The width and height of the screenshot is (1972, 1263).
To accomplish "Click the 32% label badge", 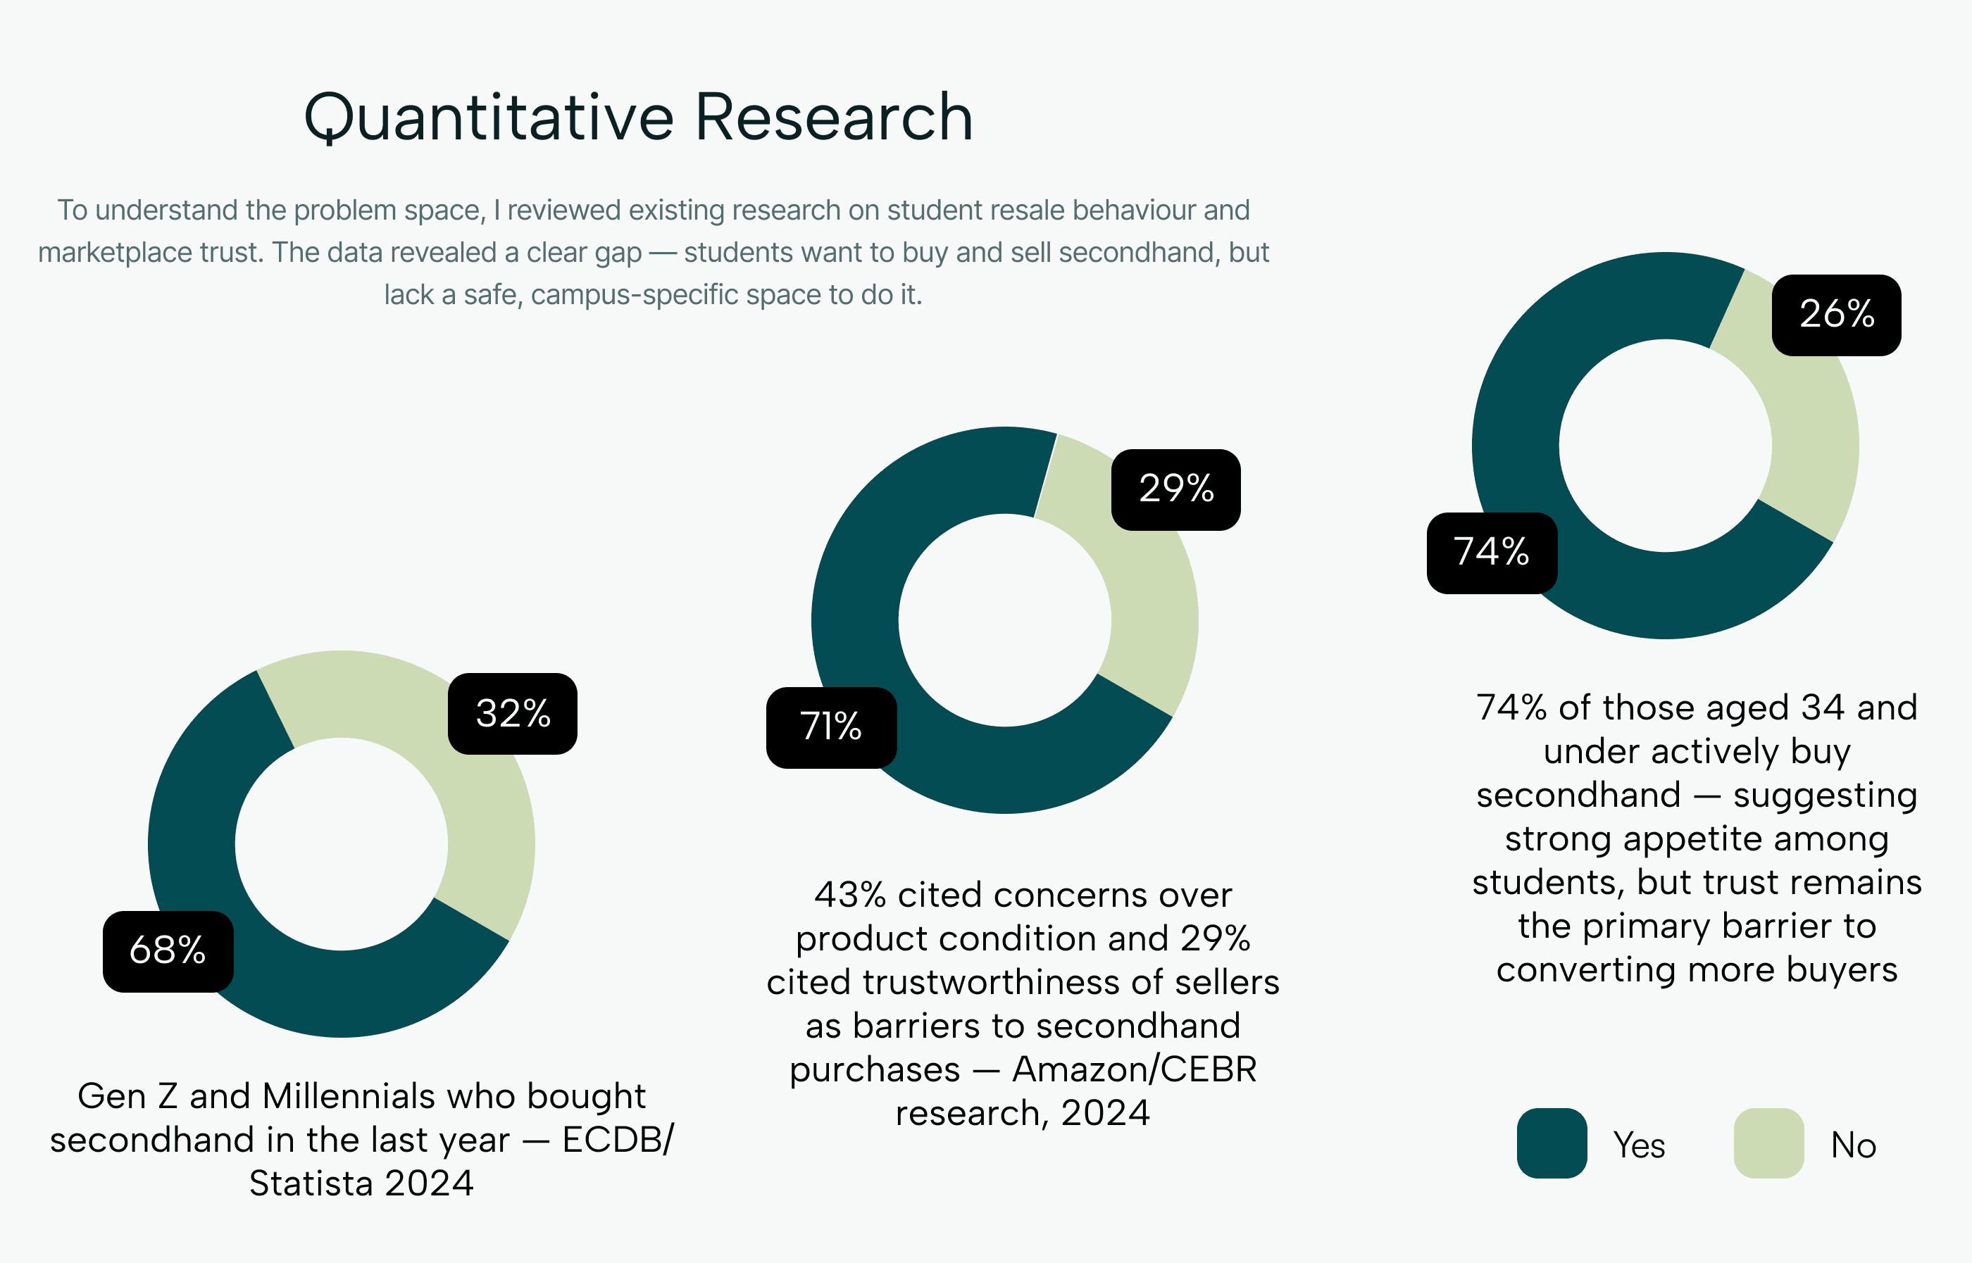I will tap(513, 713).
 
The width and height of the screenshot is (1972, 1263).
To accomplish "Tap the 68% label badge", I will tap(168, 951).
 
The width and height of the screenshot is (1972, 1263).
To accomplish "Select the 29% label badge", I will tap(1175, 489).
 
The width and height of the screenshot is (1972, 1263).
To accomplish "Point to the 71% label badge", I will tap(831, 727).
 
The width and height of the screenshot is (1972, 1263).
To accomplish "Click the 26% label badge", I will tap(1837, 315).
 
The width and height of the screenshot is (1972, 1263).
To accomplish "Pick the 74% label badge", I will tap(1491, 553).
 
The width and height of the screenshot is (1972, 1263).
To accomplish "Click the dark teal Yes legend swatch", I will tap(1551, 1143).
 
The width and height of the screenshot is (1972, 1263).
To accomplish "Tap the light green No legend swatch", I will tap(1768, 1143).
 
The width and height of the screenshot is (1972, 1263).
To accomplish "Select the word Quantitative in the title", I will tap(489, 118).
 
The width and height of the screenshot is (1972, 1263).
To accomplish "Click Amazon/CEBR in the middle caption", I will tap(1135, 1069).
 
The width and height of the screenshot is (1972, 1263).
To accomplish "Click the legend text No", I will tap(1853, 1145).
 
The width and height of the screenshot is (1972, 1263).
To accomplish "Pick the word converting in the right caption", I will tap(1587, 970).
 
